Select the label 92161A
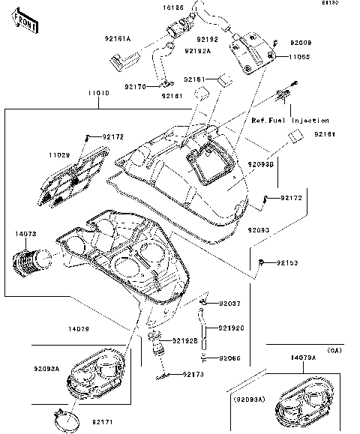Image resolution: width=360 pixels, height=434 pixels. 118,38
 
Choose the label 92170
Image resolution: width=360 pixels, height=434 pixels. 135,87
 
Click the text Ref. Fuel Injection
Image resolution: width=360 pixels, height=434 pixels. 289,121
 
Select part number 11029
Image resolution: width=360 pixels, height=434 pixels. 61,154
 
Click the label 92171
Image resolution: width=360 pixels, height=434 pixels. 103,423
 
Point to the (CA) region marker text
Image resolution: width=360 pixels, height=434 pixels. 335,350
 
